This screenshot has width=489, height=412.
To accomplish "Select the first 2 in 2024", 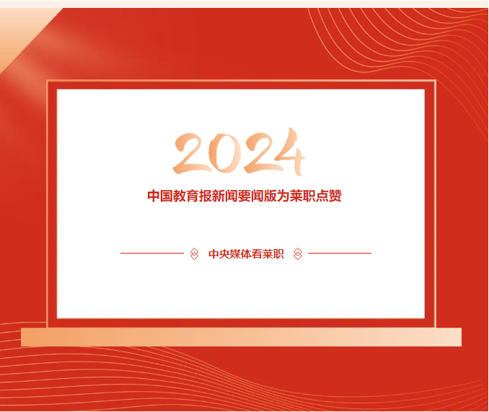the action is pos(191,153).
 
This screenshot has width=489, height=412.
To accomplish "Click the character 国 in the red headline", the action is pos(167,196).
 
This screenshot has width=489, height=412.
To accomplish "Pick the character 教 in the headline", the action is pos(180,196).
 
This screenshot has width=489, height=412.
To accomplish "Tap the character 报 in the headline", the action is pos(206,196).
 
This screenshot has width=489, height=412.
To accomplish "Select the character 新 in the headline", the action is pos(219,196).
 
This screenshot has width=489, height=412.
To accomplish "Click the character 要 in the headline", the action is pos(244,196).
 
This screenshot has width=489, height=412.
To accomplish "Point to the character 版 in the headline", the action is pos(270,196).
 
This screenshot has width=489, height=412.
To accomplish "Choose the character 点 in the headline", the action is pos(322,196).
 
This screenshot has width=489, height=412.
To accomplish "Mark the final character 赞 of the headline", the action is pos(335,196).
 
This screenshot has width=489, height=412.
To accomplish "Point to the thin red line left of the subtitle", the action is pos(152,254).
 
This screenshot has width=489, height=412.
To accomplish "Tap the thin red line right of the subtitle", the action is pos(340,254).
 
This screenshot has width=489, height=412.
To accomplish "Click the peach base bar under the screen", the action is pos(241,337).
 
